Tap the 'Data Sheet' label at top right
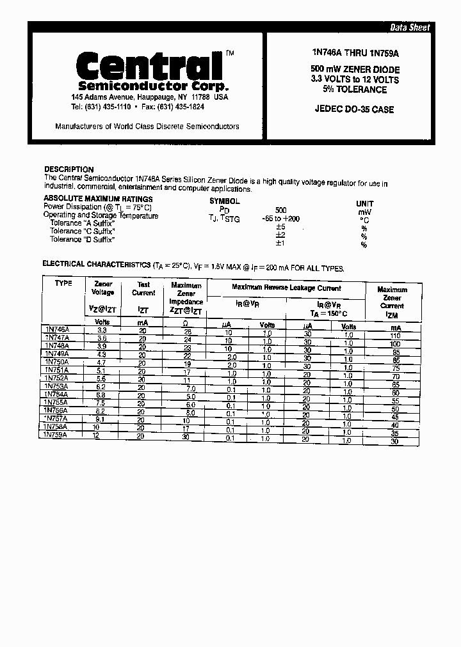click(x=410, y=27)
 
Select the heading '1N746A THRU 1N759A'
click(x=353, y=55)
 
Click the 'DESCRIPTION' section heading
click(x=69, y=169)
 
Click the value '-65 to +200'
click(x=280, y=219)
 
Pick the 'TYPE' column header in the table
click(x=63, y=283)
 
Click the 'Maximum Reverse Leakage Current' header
click(x=286, y=288)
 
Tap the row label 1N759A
click(x=55, y=434)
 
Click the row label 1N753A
click(x=56, y=386)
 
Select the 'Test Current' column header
click(x=143, y=288)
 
